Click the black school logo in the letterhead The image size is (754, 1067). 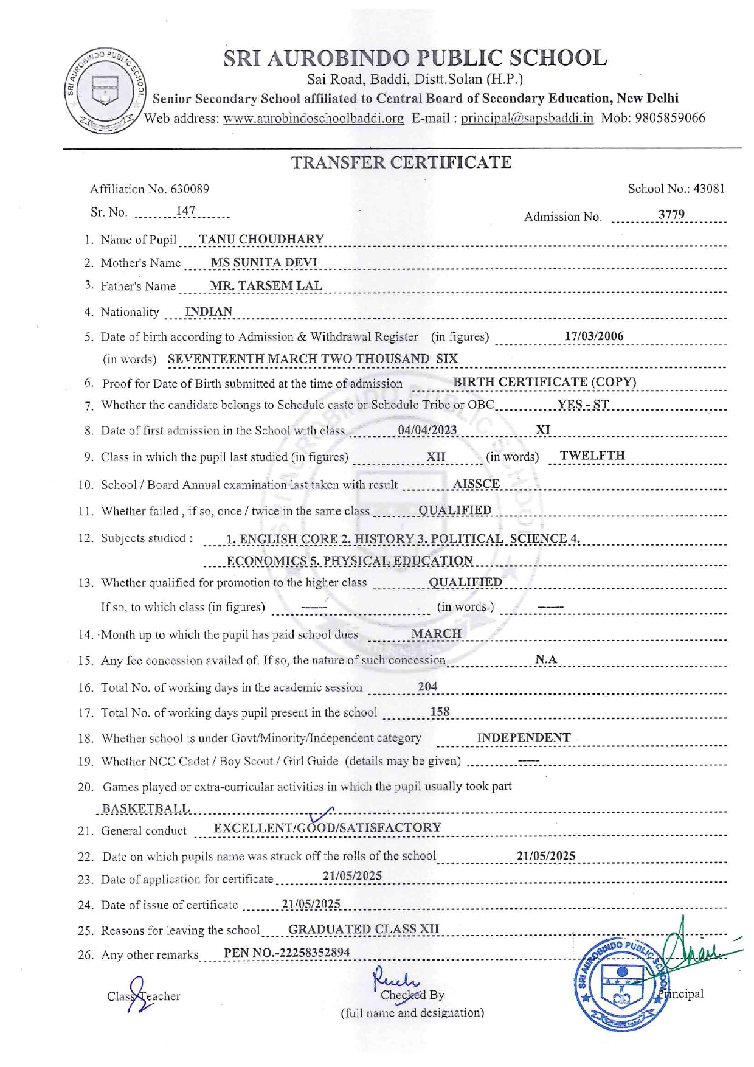coord(105,91)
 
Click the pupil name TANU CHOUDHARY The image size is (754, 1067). coord(261,239)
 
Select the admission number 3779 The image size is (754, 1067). coord(671,214)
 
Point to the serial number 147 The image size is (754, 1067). coord(185,211)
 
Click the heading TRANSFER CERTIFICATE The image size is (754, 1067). coord(401,162)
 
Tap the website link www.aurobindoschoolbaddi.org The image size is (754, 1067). coord(313,118)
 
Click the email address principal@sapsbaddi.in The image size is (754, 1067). coord(527,118)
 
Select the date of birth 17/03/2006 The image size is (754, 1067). coord(594,336)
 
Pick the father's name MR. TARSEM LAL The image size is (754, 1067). coord(266,285)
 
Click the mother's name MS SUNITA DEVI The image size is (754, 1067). coord(263,262)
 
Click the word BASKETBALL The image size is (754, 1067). coord(146,808)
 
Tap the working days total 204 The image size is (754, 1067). coord(427,686)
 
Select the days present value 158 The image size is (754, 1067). coord(440,711)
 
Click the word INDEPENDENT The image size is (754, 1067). coord(524,737)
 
